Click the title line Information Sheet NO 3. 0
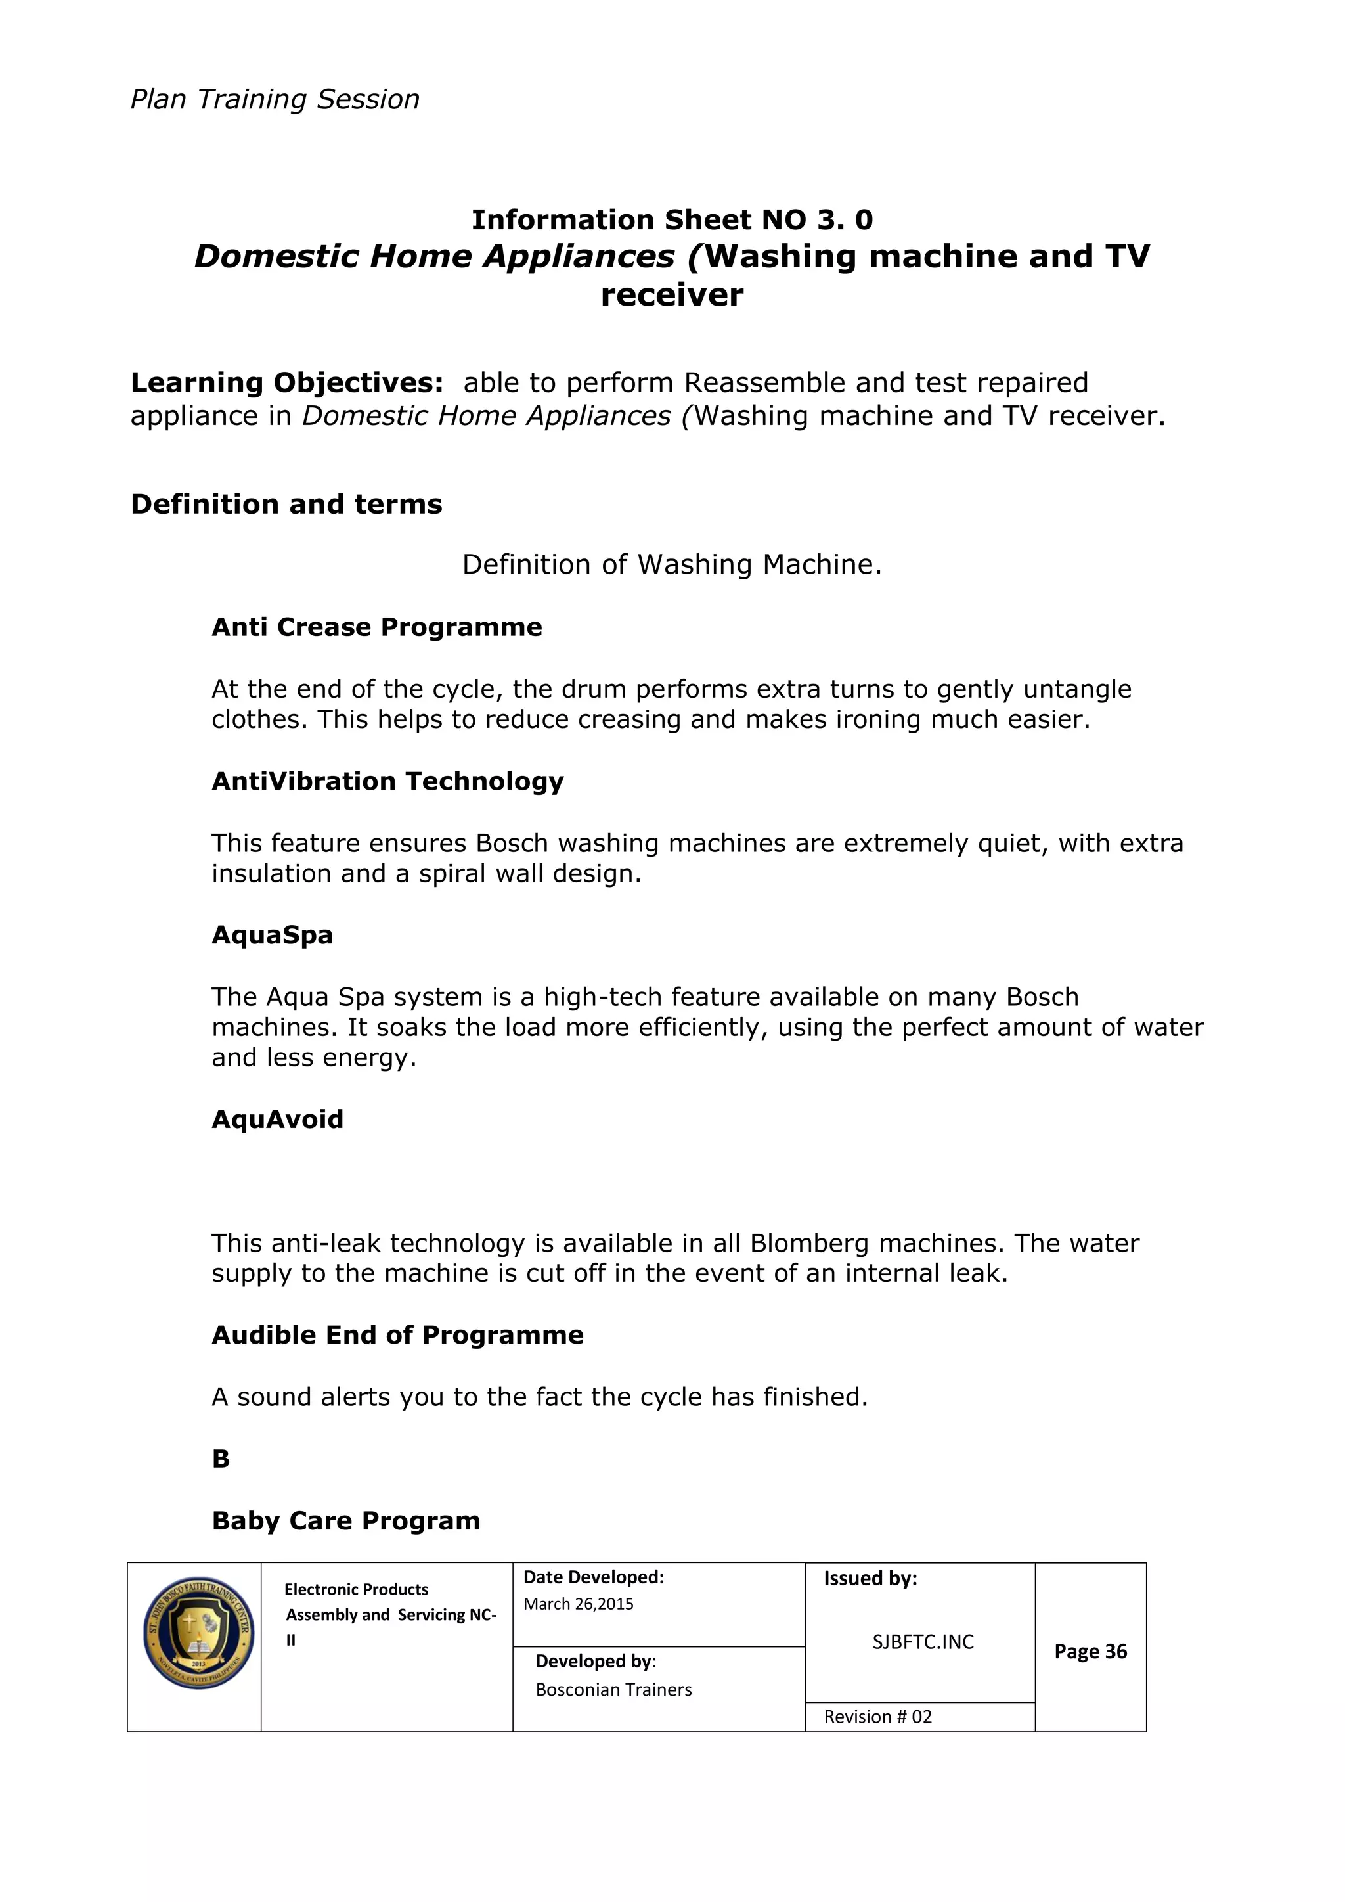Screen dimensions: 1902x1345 (672, 219)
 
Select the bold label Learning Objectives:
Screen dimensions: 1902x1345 (286, 383)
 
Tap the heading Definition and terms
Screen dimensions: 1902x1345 (286, 504)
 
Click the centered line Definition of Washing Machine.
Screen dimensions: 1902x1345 (672, 564)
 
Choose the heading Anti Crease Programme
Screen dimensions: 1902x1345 (377, 627)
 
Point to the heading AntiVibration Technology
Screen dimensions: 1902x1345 (387, 781)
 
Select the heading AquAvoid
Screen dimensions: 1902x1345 (277, 1119)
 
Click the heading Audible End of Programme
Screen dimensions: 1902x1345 (397, 1336)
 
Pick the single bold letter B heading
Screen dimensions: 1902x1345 (220, 1459)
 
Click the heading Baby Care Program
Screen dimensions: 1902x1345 (345, 1521)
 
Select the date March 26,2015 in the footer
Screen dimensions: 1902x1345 (578, 1604)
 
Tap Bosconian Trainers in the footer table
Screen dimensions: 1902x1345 (613, 1690)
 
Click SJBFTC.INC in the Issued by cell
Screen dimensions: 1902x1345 (923, 1642)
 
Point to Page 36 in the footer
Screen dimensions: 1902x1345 (1090, 1651)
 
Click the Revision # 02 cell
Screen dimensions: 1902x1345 (878, 1717)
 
